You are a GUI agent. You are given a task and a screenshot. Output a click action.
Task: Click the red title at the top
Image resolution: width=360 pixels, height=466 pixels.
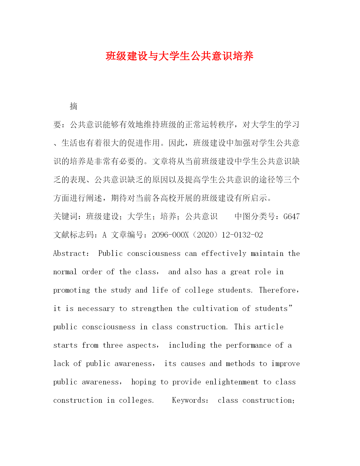(x=180, y=56)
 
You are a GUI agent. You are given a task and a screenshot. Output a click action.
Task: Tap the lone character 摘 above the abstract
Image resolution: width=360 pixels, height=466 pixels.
(x=73, y=106)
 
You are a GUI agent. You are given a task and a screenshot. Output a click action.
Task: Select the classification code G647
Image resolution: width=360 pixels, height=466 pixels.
(x=291, y=217)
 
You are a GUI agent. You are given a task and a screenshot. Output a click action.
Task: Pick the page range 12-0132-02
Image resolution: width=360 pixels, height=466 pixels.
(x=242, y=235)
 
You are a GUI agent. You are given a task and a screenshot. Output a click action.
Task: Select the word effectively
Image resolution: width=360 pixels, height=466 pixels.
(x=224, y=253)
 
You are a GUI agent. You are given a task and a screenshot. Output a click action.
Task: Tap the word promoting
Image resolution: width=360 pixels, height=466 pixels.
(x=71, y=290)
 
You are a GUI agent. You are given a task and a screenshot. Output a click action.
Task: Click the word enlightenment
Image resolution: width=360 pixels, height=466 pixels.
(x=232, y=382)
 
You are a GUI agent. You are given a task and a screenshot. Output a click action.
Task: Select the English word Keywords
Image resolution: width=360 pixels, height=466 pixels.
(x=189, y=400)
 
